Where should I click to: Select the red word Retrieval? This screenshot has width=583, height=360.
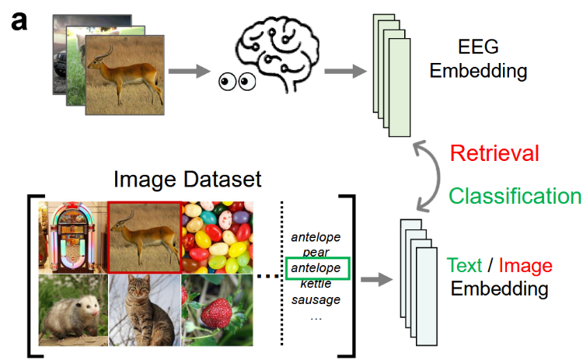(494, 152)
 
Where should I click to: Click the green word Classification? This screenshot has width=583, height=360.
(515, 195)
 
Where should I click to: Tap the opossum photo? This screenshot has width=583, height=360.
(72, 311)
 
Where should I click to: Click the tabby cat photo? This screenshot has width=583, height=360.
(144, 311)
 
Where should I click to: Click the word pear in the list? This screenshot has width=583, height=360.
(315, 253)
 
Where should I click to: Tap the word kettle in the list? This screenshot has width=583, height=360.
(315, 284)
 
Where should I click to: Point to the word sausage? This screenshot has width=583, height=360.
(315, 299)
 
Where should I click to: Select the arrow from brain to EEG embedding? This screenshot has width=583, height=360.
(345, 72)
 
